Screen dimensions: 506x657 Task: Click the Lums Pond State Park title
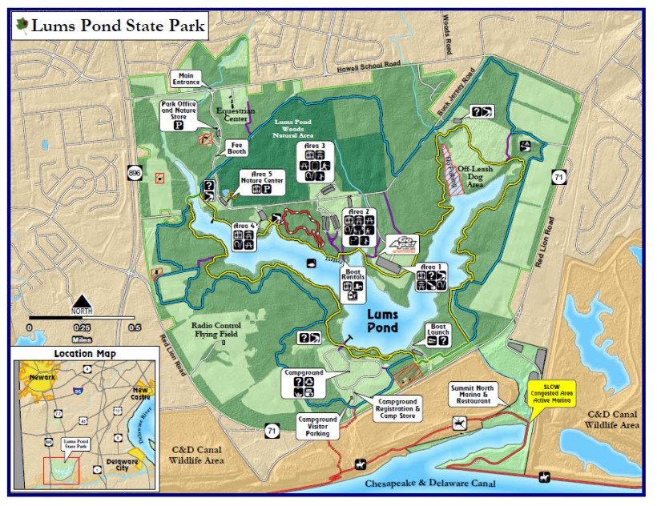pos(117,26)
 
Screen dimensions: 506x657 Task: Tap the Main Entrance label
pos(187,78)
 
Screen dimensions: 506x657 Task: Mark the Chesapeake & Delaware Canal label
pos(430,484)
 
